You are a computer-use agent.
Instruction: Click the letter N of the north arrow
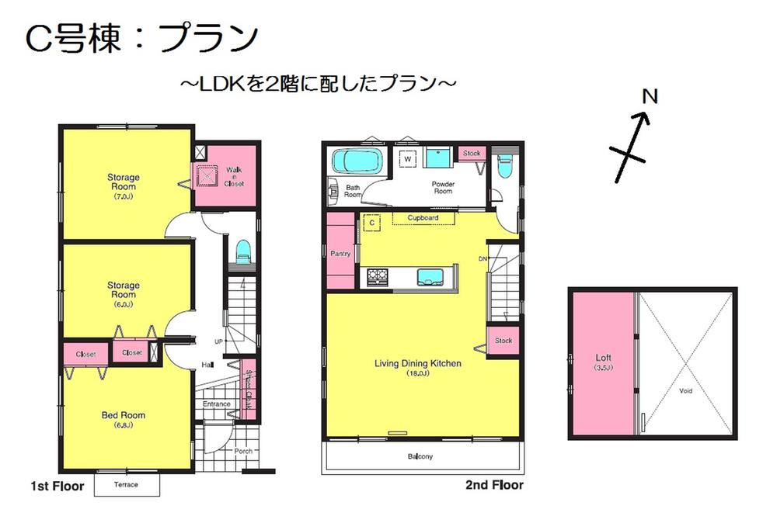[651, 97]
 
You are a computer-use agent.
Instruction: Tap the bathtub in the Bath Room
[357, 162]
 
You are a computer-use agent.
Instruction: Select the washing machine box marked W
[407, 158]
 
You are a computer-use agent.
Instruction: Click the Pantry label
[340, 254]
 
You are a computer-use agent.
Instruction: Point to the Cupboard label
[423, 218]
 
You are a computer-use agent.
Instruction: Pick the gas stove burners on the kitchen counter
[378, 275]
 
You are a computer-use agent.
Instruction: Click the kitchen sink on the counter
[429, 276]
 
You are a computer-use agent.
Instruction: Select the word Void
[685, 391]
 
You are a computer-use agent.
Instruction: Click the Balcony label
[420, 456]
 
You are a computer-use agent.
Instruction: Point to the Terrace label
[126, 485]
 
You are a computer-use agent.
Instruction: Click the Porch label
[242, 451]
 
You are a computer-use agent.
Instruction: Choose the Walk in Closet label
[234, 176]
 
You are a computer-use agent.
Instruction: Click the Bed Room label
[124, 416]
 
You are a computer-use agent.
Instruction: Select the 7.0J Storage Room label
[123, 182]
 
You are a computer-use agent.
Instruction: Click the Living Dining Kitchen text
[418, 363]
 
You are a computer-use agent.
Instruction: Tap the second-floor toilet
[504, 167]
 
